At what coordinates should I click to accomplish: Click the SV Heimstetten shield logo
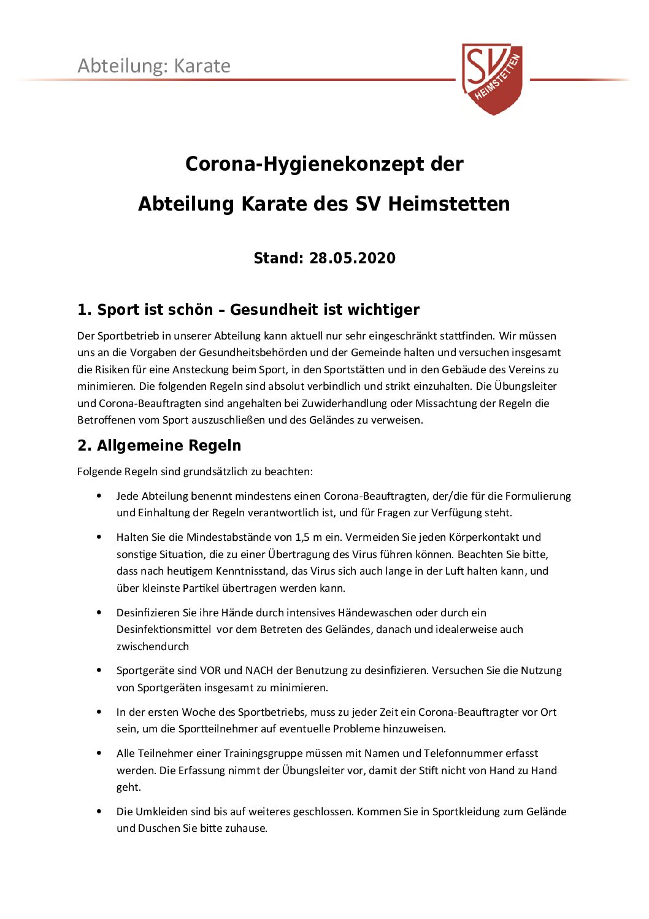click(493, 78)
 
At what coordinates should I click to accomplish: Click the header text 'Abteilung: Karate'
click(154, 66)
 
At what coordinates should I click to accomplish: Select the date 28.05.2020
click(352, 258)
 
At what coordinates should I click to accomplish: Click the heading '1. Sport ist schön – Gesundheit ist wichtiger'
click(248, 310)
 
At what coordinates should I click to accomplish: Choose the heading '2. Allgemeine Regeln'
click(159, 446)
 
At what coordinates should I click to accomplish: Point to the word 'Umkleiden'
click(159, 812)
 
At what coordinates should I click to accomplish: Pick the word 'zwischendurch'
click(153, 646)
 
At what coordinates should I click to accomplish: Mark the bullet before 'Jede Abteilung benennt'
click(99, 495)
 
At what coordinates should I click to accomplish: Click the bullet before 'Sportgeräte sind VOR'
click(99, 670)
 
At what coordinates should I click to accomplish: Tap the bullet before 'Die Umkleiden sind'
click(99, 812)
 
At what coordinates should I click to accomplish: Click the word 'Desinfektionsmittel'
click(164, 629)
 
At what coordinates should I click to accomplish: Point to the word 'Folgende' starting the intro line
click(99, 471)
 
